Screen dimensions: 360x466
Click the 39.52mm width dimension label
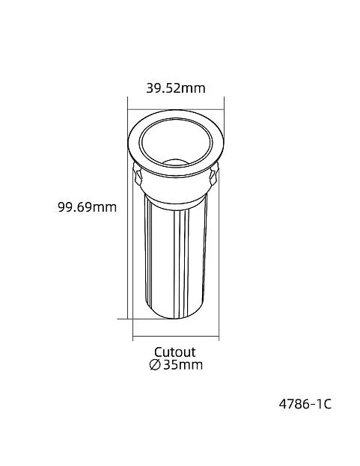pos(176,88)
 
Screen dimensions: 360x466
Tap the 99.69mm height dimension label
pos(87,207)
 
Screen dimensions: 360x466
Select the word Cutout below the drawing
pos(175,352)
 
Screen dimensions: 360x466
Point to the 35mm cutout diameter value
pos(183,365)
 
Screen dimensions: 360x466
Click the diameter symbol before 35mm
pos(155,365)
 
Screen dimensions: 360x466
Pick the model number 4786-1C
pos(305,404)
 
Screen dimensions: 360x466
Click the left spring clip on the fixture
pos(137,174)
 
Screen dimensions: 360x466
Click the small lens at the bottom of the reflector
pos(175,162)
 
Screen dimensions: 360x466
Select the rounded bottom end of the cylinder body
pos(175,313)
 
